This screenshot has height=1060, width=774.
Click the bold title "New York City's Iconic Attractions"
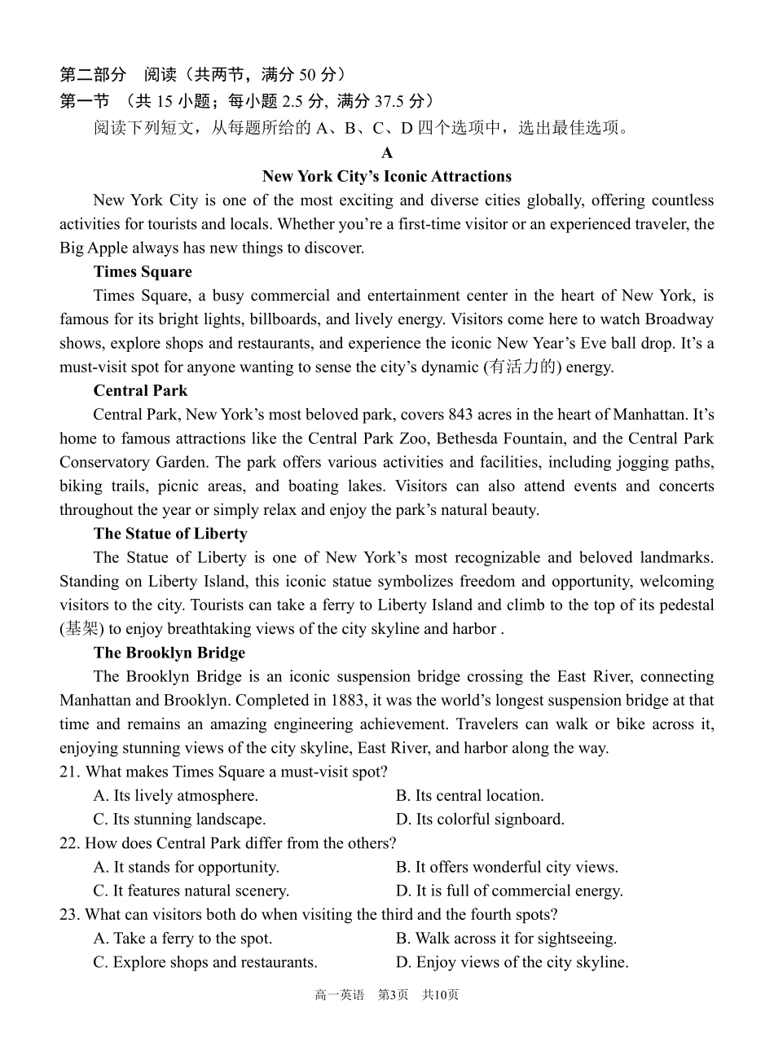386,176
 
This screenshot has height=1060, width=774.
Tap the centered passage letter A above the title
387,152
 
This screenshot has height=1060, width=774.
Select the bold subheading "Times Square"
143,271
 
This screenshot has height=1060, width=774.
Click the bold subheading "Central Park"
140,390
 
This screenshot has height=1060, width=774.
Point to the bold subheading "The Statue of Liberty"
170,534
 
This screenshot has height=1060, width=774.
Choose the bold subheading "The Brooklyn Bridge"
169,653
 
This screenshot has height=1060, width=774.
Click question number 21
69,772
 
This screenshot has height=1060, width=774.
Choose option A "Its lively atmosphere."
175,795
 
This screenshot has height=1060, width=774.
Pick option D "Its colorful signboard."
480,819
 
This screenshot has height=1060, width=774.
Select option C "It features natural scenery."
191,891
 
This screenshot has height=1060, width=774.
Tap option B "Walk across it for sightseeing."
506,938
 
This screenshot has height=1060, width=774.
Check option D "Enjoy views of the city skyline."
512,962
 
